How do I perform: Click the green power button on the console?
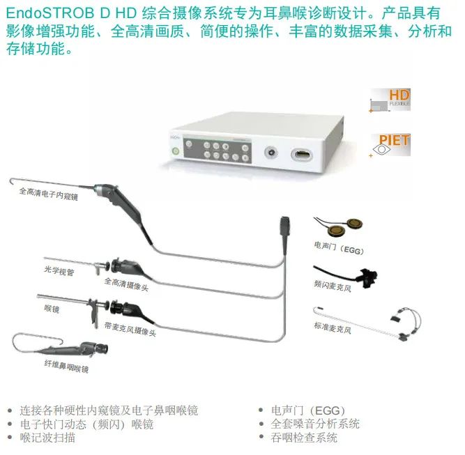point(176,151)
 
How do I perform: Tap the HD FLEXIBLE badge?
point(390,100)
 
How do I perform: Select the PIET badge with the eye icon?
point(391,145)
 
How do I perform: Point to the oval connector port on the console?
point(302,155)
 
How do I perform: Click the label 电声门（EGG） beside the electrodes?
point(339,248)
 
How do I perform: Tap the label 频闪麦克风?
point(333,286)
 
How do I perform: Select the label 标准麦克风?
point(333,327)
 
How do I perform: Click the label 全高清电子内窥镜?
point(49,194)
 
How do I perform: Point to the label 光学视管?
point(59,270)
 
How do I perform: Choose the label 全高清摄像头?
point(126,284)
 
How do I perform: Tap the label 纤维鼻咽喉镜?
point(66,367)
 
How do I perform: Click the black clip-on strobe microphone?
point(367,278)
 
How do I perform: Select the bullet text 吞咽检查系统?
point(304,438)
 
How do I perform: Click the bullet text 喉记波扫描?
point(47,438)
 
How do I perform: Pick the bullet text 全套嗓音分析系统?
point(315,424)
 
